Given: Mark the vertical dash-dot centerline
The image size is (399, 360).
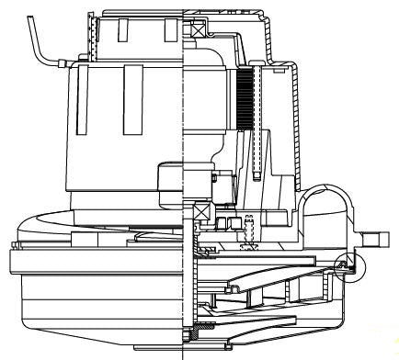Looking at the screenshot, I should (x=185, y=184).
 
